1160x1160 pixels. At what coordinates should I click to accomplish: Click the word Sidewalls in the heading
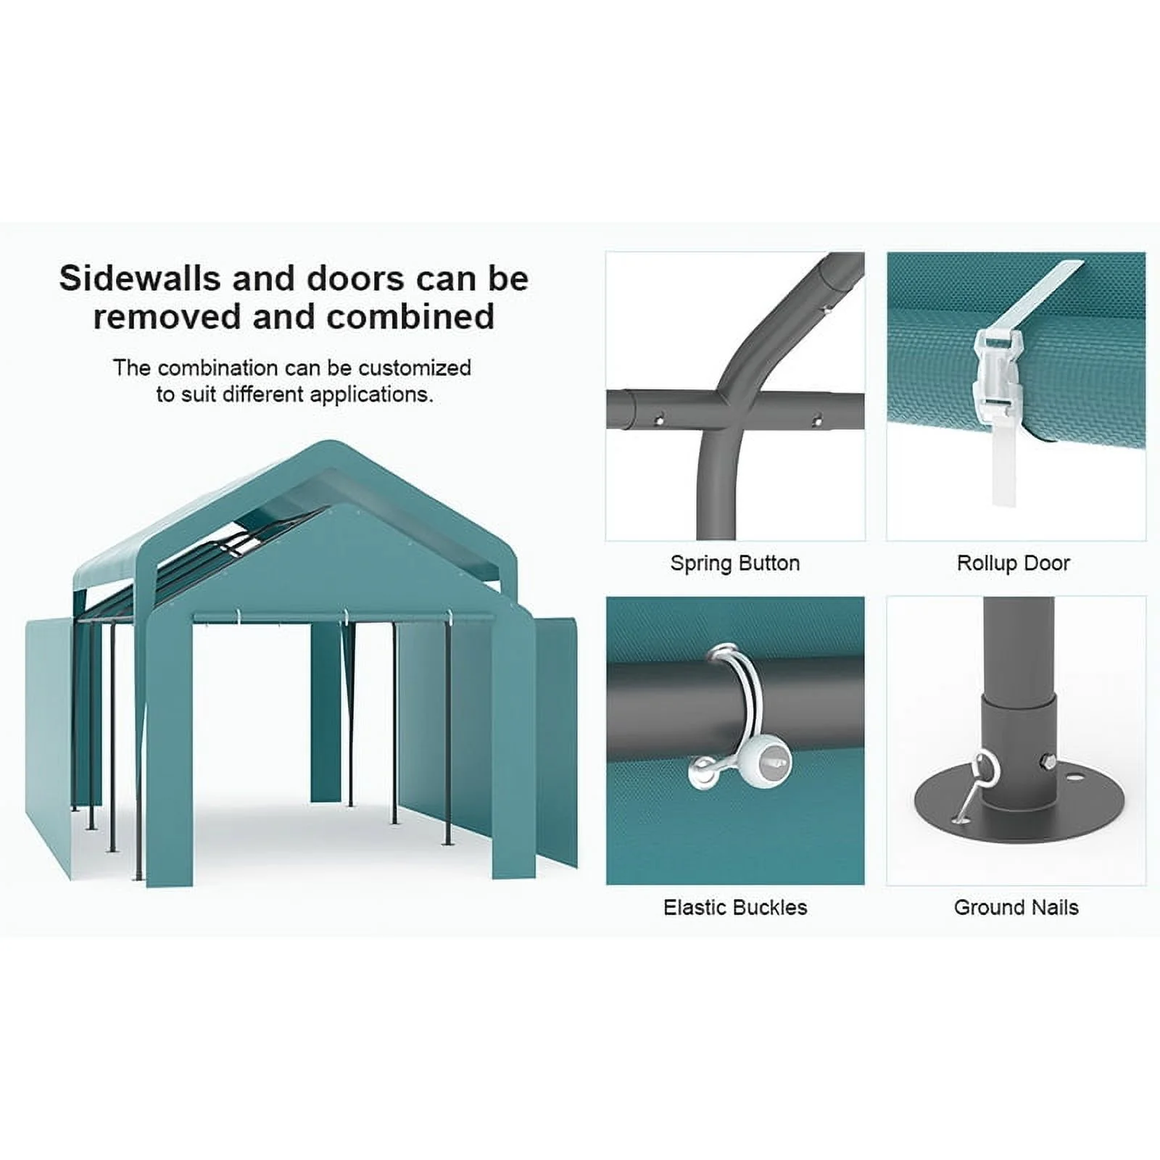coord(140,278)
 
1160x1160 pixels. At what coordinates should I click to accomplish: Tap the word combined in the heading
coord(410,317)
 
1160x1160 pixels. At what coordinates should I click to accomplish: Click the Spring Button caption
coord(735,563)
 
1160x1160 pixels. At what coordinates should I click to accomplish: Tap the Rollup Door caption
coord(1014,563)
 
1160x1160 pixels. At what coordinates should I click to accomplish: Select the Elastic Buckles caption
coord(735,908)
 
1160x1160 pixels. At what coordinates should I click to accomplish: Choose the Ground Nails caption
coord(1016,908)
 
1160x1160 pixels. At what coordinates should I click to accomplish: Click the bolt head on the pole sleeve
coord(1052,762)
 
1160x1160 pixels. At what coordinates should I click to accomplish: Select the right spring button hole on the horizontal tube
coord(817,420)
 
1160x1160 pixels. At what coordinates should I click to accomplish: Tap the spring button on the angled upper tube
coord(826,310)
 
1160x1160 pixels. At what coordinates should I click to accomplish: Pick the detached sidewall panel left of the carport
coord(49,747)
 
